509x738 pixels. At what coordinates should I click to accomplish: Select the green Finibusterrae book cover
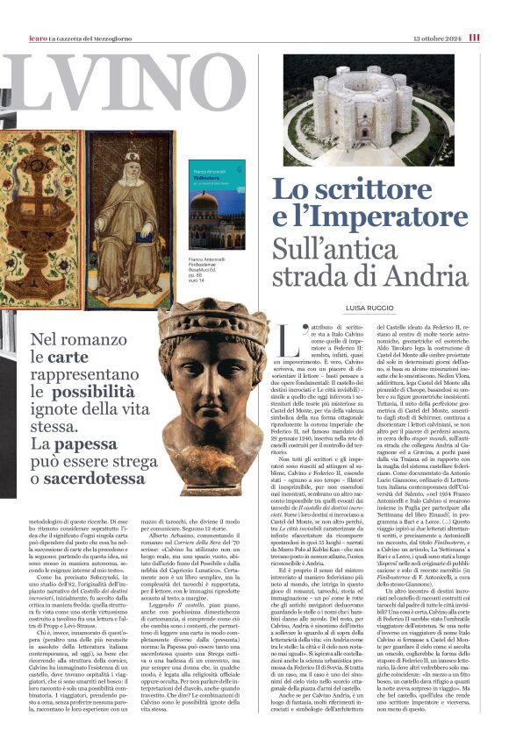218,203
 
